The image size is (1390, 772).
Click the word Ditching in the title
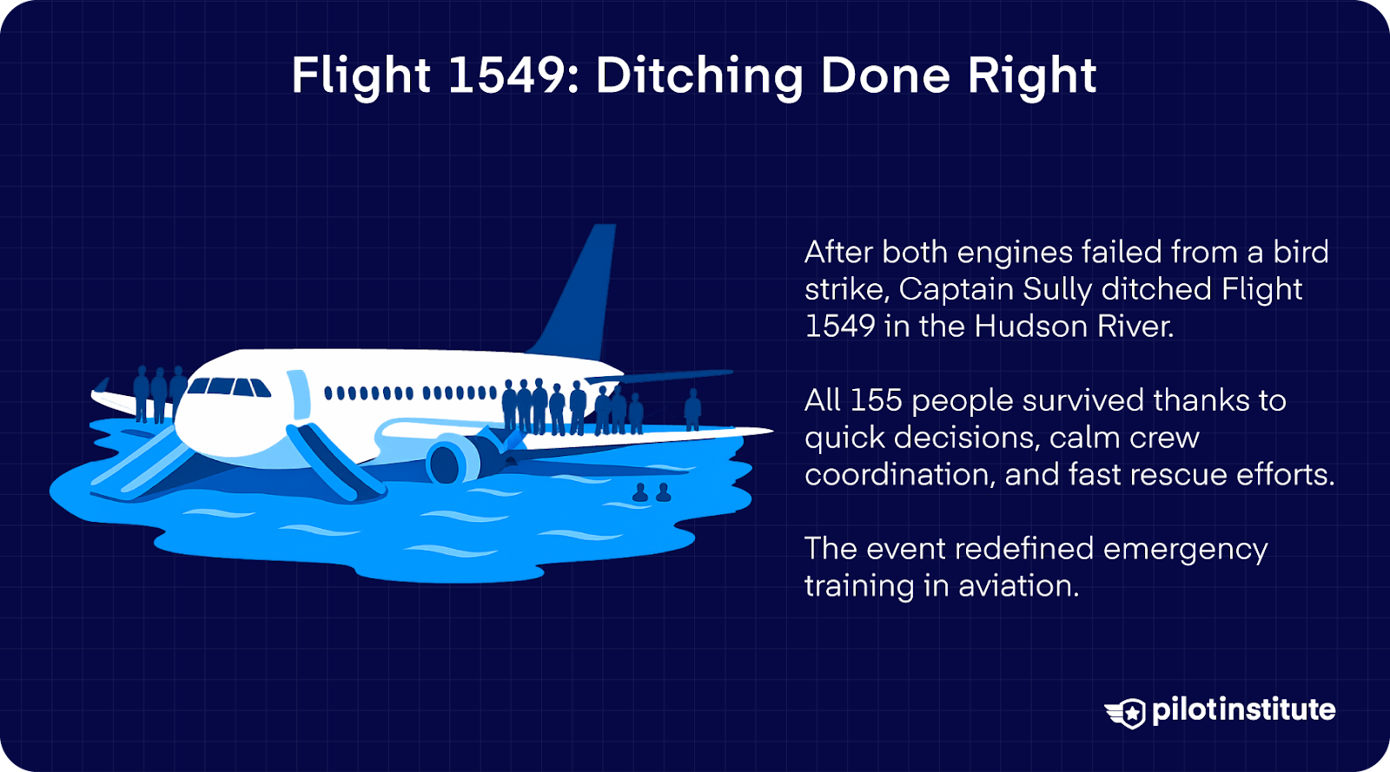click(x=699, y=76)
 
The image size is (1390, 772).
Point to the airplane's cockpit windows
click(x=228, y=386)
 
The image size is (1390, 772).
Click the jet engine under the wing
click(x=452, y=459)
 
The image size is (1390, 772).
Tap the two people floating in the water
click(x=652, y=493)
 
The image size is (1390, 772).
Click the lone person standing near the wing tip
click(x=692, y=409)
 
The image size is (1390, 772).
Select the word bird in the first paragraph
click(x=1301, y=252)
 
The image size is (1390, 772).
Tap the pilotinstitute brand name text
click(x=1243, y=710)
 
